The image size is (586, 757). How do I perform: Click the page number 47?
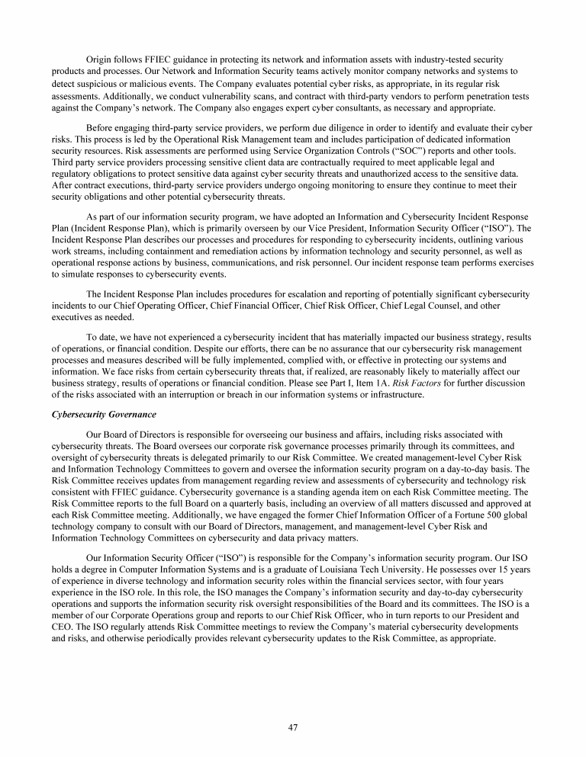click(292, 727)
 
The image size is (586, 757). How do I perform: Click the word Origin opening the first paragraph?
click(101, 59)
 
